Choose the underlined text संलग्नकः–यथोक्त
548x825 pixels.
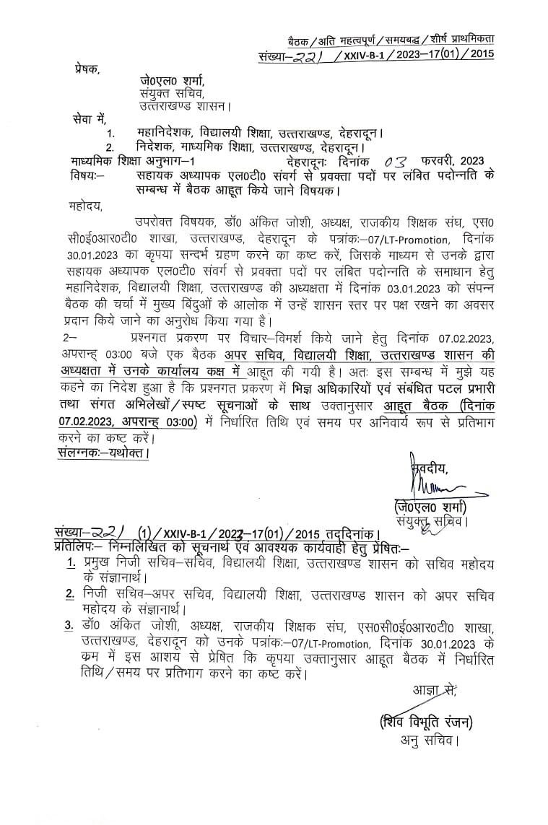(103, 454)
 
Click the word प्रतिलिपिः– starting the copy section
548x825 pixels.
(83, 549)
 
